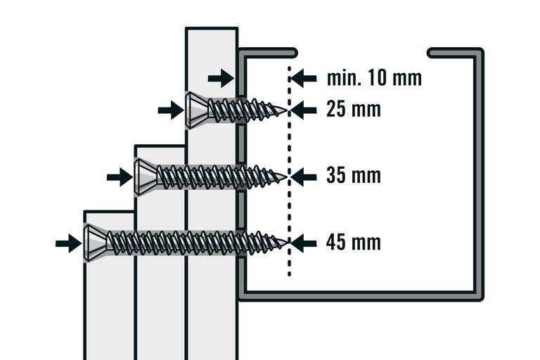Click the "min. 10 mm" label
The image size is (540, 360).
374,77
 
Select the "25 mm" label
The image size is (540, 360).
354,110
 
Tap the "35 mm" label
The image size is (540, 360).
354,176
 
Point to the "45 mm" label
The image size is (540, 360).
354,243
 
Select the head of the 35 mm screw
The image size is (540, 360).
145,176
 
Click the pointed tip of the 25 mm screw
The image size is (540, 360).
285,110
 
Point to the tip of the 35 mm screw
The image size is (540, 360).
285,176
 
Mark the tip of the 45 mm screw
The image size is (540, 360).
285,243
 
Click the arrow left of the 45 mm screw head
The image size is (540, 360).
68,243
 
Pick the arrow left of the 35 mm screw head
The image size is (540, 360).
120,176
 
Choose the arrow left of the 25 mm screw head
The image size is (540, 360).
170,110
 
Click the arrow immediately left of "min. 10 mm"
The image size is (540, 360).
304,77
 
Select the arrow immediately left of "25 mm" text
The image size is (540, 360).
304,110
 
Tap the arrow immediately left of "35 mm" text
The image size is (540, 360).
304,176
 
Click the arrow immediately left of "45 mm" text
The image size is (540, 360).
304,243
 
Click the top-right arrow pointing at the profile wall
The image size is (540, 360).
221,77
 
